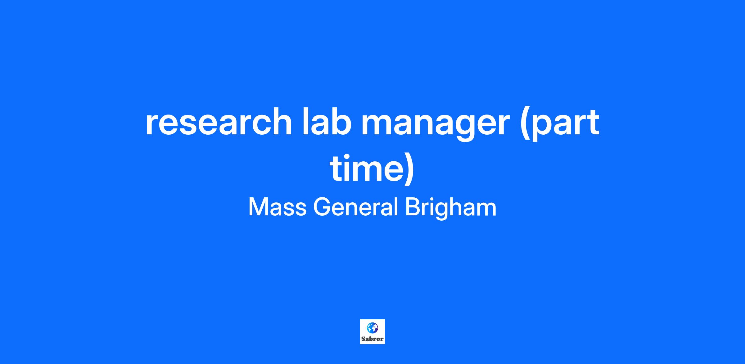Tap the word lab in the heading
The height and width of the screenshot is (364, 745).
[329, 121]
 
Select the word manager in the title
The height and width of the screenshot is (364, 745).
[436, 124]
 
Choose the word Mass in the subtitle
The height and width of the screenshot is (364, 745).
[277, 207]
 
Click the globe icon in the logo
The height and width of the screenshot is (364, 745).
[372, 328]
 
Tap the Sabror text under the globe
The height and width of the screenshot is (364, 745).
[372, 339]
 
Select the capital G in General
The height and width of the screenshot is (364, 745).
[323, 207]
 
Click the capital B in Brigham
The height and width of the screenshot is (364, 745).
[413, 207]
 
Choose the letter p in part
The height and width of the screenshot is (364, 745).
[544, 128]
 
